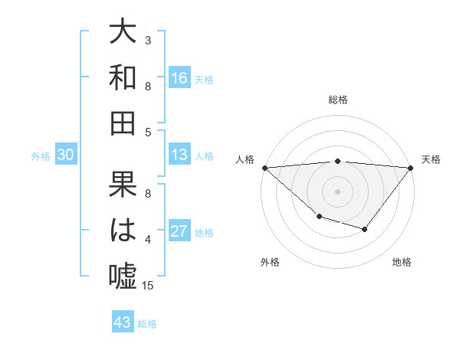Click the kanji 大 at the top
[x=123, y=32]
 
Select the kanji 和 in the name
[x=123, y=77]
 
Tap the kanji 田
[x=123, y=123]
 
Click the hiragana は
[x=123, y=230]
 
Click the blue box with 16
[x=179, y=78]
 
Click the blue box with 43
[x=123, y=322]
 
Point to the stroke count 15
[x=149, y=286]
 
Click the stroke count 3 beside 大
[x=148, y=40]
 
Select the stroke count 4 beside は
[x=148, y=240]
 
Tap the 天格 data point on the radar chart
[x=411, y=168]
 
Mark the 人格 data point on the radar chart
[x=264, y=168]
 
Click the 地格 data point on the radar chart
[x=365, y=229]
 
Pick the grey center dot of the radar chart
[x=337, y=190]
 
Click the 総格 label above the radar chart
[x=337, y=99]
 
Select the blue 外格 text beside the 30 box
[x=41, y=156]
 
